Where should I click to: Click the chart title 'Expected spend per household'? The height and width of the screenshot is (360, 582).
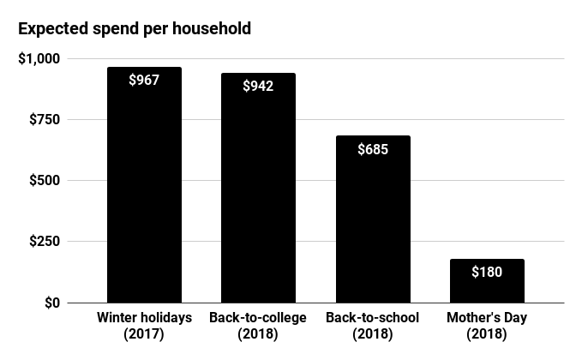click(135, 28)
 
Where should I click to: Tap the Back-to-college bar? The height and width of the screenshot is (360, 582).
click(258, 197)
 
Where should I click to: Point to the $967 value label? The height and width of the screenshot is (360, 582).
click(144, 81)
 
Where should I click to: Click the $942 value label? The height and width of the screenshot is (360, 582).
click(258, 86)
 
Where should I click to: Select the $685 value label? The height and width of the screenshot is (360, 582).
click(372, 149)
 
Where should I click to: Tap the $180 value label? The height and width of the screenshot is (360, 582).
click(486, 273)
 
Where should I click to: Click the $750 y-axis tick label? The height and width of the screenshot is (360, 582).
click(42, 119)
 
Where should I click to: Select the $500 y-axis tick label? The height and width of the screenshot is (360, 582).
click(42, 180)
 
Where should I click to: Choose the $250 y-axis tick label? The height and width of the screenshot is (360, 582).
click(42, 242)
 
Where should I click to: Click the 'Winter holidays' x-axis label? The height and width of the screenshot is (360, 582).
click(144, 318)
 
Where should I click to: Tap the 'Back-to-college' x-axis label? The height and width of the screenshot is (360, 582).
click(258, 318)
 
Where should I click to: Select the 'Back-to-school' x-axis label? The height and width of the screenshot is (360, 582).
click(372, 318)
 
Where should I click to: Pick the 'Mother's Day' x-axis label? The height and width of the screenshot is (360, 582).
click(486, 318)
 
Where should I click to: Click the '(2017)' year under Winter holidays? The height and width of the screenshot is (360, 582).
click(144, 334)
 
